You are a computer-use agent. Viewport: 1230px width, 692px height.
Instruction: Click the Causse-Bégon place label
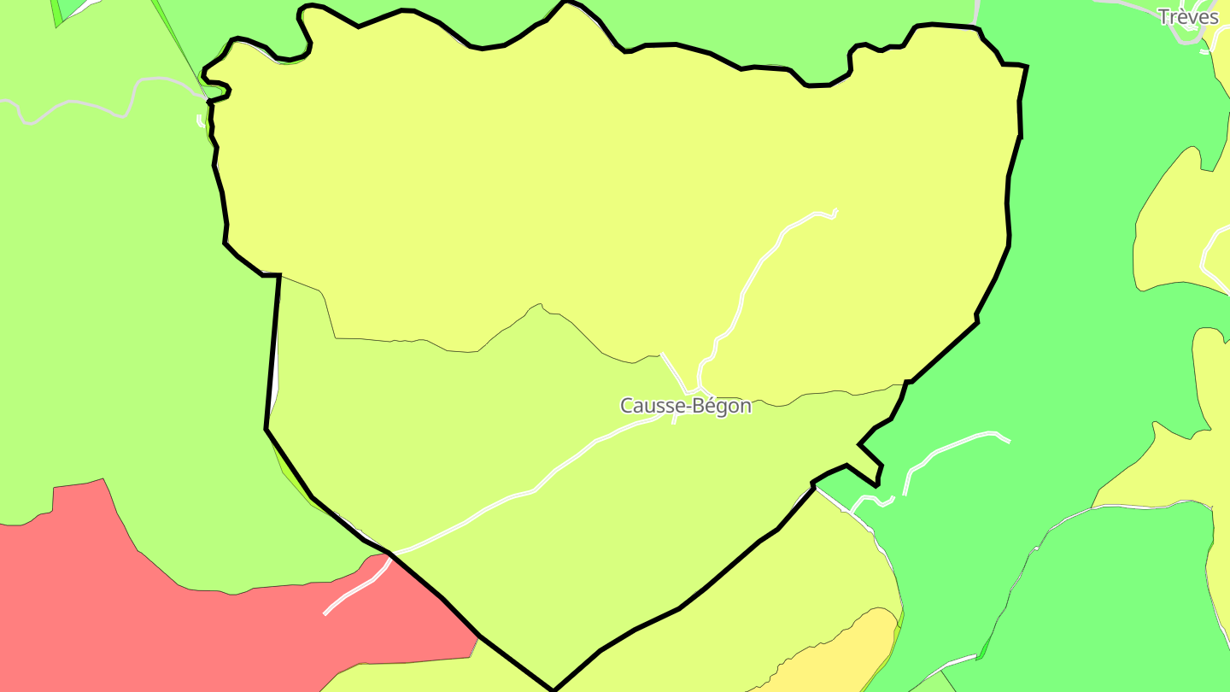pos(686,406)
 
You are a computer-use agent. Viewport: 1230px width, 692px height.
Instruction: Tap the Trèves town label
pos(1187,16)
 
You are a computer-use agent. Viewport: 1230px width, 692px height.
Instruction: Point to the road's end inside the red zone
pos(325,613)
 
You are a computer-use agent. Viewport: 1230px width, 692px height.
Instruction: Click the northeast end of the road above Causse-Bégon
pos(835,211)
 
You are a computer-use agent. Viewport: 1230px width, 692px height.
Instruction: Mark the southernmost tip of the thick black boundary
pos(553,689)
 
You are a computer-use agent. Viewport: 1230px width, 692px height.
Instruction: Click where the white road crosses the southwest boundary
pos(391,554)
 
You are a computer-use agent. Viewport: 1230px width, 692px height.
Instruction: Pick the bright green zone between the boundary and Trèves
pos(1085,256)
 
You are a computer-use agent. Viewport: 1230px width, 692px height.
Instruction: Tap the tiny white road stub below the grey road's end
pos(201,120)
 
